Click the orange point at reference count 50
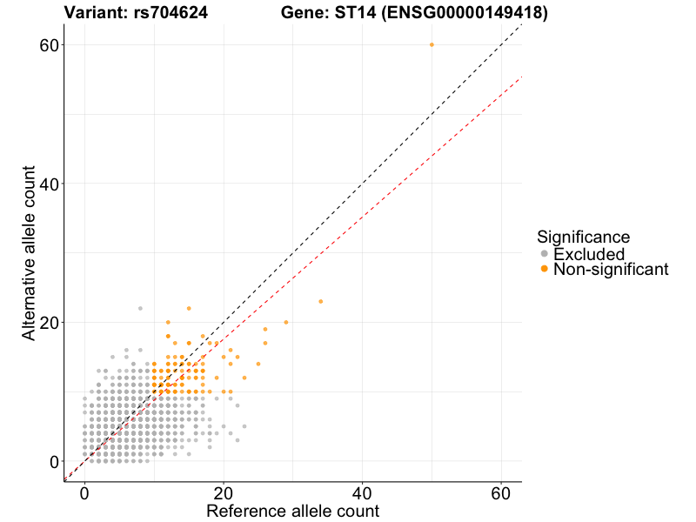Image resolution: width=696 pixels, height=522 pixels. tap(432, 44)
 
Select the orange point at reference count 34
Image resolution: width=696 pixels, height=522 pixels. tap(321, 301)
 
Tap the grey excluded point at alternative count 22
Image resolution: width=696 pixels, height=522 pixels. tap(140, 308)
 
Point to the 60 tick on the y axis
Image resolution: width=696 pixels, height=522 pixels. tap(62, 44)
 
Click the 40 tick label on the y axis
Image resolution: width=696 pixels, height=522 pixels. tap(49, 184)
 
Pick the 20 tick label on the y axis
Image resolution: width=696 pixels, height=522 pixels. tap(49, 322)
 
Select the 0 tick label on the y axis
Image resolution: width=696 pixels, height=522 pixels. tap(53, 461)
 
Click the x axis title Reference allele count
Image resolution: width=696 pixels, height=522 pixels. tap(292, 511)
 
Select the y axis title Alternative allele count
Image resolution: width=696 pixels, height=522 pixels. tap(30, 253)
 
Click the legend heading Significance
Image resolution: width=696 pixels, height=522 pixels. tap(583, 236)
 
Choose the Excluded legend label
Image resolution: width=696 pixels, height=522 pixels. tap(589, 254)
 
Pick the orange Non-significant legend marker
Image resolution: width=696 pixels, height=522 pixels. tap(545, 270)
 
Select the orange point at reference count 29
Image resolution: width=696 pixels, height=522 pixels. tap(285, 322)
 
